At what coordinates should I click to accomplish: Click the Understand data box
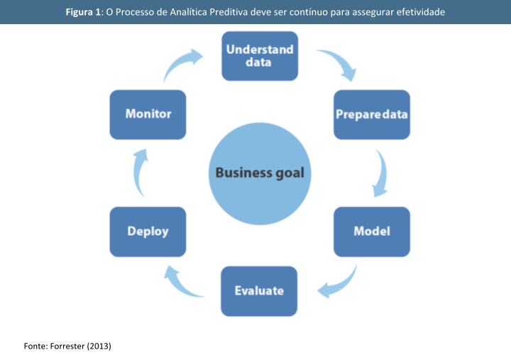click(259, 56)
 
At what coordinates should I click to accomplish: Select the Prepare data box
click(371, 114)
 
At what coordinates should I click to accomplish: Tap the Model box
click(371, 231)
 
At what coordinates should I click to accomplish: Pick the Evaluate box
click(259, 290)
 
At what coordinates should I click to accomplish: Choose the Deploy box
click(148, 231)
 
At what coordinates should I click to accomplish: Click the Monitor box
click(148, 114)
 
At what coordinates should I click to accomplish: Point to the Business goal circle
click(259, 173)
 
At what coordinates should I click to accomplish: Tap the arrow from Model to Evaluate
click(338, 283)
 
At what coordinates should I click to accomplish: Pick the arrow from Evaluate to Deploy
click(180, 282)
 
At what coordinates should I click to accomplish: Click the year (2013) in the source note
click(99, 346)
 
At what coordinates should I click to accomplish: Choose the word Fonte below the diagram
click(35, 346)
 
